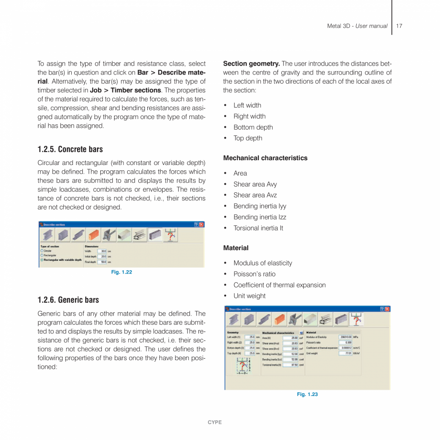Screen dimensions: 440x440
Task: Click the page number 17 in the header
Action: (399, 26)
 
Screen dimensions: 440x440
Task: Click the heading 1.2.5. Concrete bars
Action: (70, 149)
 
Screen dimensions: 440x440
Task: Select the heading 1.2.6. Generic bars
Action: (68, 300)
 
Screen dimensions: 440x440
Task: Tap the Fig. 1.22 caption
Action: (121, 272)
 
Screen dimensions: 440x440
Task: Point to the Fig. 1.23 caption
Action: (307, 394)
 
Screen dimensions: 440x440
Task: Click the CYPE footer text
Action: (215, 422)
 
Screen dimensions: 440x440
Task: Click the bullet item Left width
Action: (247, 105)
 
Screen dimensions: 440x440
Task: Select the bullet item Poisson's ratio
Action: (254, 274)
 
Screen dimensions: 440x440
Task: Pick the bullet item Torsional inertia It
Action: (258, 228)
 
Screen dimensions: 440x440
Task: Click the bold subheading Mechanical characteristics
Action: (265, 158)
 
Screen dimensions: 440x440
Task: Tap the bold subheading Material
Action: (236, 248)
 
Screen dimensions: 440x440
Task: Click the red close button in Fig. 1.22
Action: (201, 224)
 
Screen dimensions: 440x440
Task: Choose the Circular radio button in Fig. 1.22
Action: (42, 251)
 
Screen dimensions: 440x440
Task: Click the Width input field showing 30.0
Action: (102, 251)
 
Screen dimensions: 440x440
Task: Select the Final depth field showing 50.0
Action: (102, 262)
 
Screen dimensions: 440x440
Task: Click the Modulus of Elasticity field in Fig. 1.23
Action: (345, 337)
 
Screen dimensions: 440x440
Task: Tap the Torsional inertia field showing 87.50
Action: (291, 364)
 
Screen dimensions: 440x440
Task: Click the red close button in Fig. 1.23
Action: (387, 309)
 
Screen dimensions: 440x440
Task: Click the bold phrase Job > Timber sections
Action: (125, 90)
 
